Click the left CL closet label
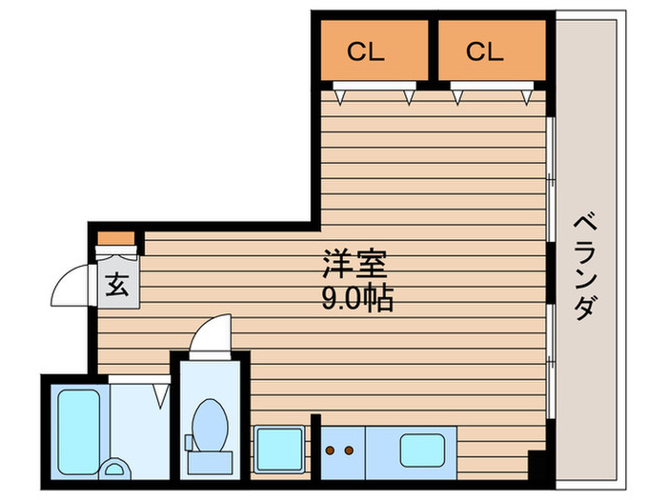pyautogui.click(x=365, y=51)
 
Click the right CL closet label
pyautogui.click(x=484, y=51)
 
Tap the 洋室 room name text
pyautogui.click(x=354, y=264)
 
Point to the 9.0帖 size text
pyautogui.click(x=357, y=298)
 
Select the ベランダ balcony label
pyautogui.click(x=586, y=267)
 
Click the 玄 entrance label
pyautogui.click(x=117, y=285)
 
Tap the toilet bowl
pyautogui.click(x=210, y=425)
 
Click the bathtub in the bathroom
pyautogui.click(x=79, y=431)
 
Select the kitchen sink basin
pyautogui.click(x=422, y=450)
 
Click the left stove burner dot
pyautogui.click(x=330, y=450)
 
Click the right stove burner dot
pyautogui.click(x=349, y=450)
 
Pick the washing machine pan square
pyautogui.click(x=279, y=450)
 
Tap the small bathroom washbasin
pyautogui.click(x=114, y=469)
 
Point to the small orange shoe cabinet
pyautogui.click(x=116, y=238)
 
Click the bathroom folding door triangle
pyautogui.click(x=161, y=395)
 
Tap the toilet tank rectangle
pyautogui.click(x=211, y=463)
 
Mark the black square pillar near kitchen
pyautogui.click(x=536, y=465)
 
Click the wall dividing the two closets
pyautogui.click(x=433, y=50)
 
